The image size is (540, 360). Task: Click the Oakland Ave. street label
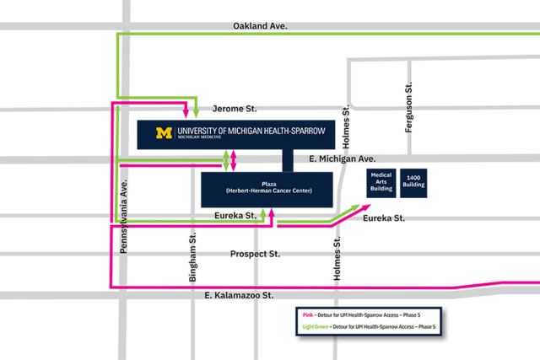260,26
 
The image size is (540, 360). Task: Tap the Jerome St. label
234,110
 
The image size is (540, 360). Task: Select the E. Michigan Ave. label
342,159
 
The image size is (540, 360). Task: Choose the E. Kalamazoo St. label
240,296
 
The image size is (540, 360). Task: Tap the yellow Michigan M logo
164,133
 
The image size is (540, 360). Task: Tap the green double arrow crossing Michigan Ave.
225,159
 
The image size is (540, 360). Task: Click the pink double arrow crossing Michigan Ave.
234,159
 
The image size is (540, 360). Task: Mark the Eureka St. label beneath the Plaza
235,217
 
